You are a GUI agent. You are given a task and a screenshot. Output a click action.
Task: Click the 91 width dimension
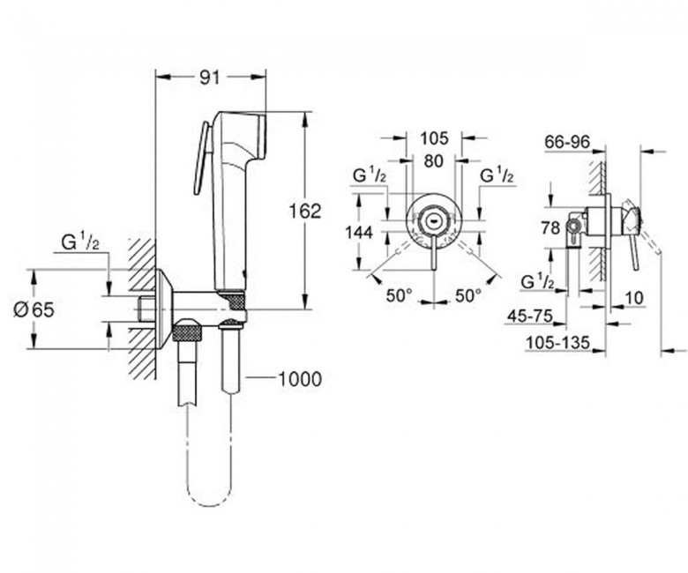point(209,78)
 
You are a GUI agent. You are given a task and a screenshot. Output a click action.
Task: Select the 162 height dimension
point(304,211)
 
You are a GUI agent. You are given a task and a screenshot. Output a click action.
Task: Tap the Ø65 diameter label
point(34,310)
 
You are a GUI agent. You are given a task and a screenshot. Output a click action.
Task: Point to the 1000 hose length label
point(301,378)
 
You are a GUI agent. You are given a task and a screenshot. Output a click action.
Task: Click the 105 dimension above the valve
point(434,138)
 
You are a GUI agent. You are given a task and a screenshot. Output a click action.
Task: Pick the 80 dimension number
point(433,161)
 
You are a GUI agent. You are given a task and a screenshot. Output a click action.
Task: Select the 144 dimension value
point(359,233)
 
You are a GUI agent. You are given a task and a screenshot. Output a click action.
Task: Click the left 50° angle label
point(399,295)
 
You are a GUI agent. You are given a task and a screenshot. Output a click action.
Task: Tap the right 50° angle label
point(467,295)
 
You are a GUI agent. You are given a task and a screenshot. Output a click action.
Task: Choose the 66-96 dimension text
point(567,142)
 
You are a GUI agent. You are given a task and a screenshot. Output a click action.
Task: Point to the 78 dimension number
point(550,228)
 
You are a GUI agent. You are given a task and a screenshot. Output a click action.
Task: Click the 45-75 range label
point(530,316)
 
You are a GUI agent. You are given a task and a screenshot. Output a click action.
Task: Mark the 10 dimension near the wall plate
point(633,298)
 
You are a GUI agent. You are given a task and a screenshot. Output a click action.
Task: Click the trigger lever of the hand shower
point(201,158)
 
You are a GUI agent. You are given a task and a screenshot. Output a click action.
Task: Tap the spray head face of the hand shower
point(262,137)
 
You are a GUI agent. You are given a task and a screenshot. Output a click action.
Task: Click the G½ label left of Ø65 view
point(80,242)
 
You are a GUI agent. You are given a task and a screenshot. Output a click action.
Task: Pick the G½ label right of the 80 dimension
point(497,175)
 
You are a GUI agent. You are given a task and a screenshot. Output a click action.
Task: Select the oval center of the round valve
point(433,220)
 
